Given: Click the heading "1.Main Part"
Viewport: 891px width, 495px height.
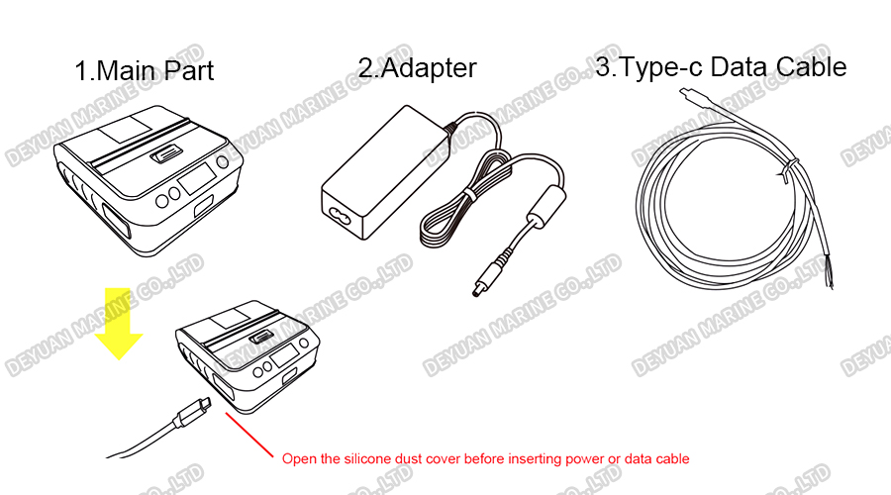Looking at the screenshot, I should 144,71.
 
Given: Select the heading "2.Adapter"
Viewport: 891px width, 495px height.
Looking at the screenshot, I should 417,67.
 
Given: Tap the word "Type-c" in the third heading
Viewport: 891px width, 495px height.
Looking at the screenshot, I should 662,67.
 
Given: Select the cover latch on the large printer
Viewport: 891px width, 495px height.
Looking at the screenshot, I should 166,155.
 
